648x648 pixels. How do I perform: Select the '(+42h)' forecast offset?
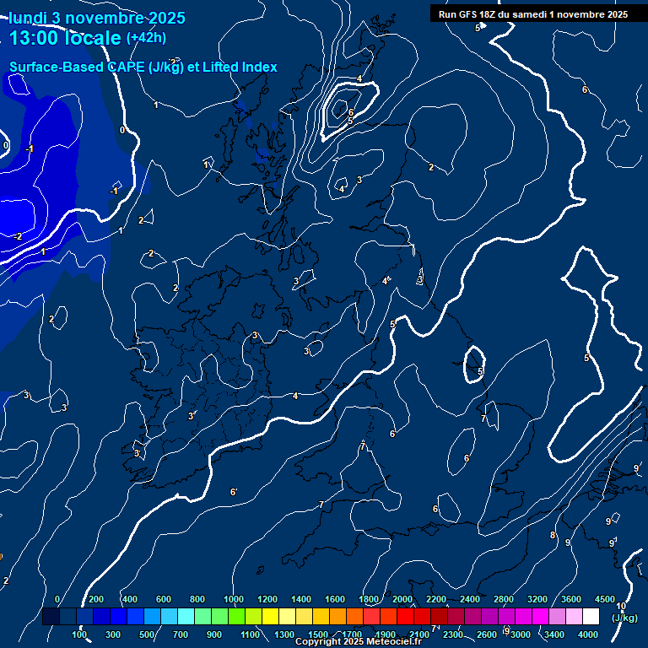(146, 38)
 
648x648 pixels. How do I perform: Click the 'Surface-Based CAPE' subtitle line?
(143, 67)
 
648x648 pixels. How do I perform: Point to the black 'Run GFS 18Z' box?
(532, 13)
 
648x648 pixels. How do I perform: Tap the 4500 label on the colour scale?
(605, 599)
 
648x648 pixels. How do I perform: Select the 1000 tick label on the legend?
(234, 599)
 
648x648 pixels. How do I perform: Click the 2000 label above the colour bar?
(402, 599)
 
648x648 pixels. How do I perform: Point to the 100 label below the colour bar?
(79, 634)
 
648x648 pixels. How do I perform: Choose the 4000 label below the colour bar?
(588, 634)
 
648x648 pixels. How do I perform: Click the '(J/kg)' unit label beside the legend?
(624, 618)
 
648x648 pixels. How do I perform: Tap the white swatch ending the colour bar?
(591, 617)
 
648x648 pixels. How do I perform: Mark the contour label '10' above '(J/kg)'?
(621, 606)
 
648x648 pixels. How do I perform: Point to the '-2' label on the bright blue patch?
(17, 236)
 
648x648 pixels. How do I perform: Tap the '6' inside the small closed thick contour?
(350, 111)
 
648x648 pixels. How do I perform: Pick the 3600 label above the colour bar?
(571, 599)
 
